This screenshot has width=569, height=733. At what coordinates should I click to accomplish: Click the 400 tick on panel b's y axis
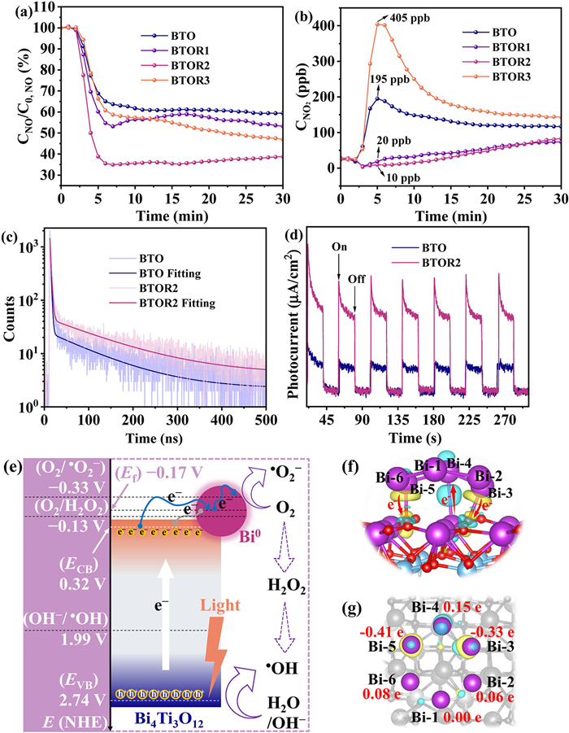pos(325,25)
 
